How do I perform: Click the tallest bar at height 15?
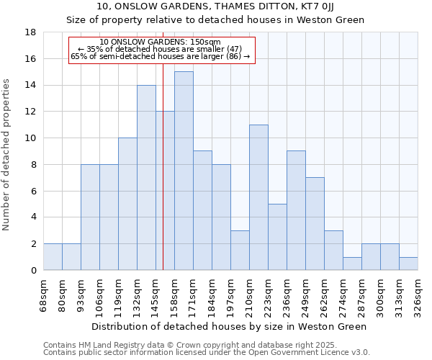click(184, 171)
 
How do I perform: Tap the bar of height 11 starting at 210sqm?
click(258, 197)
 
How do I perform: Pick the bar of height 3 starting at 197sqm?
click(240, 250)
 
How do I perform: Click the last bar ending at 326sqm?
click(408, 264)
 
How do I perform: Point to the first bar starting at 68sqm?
click(53, 257)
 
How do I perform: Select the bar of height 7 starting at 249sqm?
click(315, 223)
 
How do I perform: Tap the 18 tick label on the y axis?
click(31, 32)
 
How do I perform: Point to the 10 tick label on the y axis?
click(31, 138)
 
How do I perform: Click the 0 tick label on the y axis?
click(34, 271)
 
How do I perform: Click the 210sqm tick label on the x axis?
click(249, 294)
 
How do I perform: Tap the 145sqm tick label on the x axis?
click(156, 294)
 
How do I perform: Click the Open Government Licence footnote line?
click(207, 352)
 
